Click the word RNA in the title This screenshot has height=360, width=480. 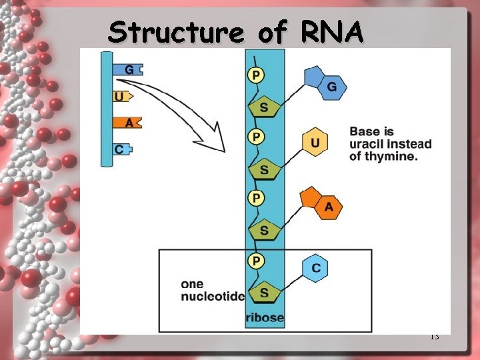(333, 31)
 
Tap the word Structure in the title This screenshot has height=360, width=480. (176, 31)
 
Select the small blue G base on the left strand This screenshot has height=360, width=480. (128, 69)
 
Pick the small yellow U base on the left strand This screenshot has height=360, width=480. (121, 96)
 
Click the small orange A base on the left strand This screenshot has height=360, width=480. (128, 123)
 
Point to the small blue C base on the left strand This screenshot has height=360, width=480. (121, 149)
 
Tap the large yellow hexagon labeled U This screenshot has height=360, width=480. (315, 143)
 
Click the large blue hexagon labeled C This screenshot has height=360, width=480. (315, 267)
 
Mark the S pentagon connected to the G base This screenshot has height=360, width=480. (264, 107)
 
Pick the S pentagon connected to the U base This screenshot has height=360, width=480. (264, 169)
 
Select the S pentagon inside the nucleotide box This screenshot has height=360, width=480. (264, 292)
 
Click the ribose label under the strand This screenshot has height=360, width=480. (265, 317)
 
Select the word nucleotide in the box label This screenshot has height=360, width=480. (213, 297)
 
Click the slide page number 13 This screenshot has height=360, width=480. (434, 337)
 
